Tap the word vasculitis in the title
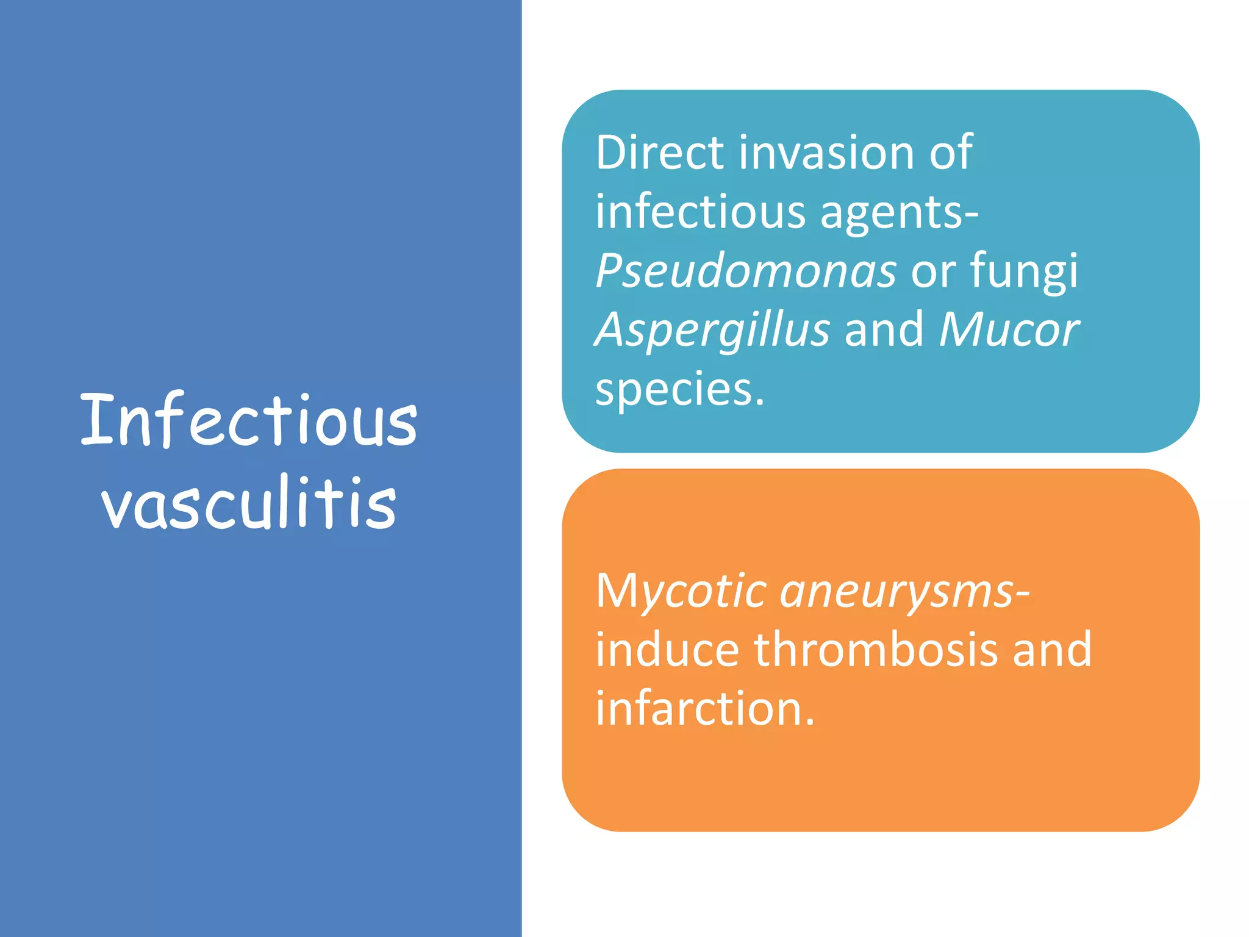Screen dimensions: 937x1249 click(249, 503)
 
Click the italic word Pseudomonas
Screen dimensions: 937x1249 click(745, 271)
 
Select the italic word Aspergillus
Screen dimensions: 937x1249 click(712, 330)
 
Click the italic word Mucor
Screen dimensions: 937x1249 click(1009, 330)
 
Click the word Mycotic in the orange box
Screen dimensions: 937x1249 click(681, 592)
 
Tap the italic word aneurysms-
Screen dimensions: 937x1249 click(905, 592)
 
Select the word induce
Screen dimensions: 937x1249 click(667, 650)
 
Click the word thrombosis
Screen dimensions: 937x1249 click(876, 650)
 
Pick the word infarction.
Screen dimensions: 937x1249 click(704, 708)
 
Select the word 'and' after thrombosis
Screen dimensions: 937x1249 click(1052, 650)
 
